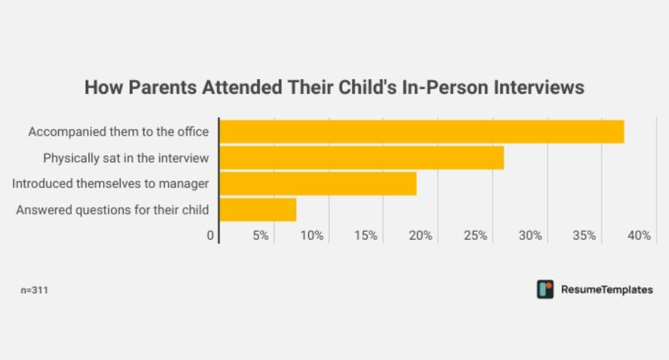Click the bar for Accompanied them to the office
pos(421,131)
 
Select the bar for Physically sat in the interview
pos(361,158)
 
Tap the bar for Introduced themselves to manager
pos(318,184)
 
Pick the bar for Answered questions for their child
pos(258,210)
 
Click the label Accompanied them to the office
pos(118,132)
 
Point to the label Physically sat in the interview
pos(126,158)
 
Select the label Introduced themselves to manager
pos(110,184)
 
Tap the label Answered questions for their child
pos(112,210)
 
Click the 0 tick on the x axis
pos(210,235)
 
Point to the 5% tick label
pos(260,235)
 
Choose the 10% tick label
pos(312,235)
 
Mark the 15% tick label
pos(366,235)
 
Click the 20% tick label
pos(421,235)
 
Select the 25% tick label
pos(475,235)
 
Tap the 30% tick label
pos(530,235)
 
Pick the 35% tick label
pos(584,235)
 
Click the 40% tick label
pos(639,235)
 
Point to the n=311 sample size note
pos(34,290)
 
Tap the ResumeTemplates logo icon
pos(545,289)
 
